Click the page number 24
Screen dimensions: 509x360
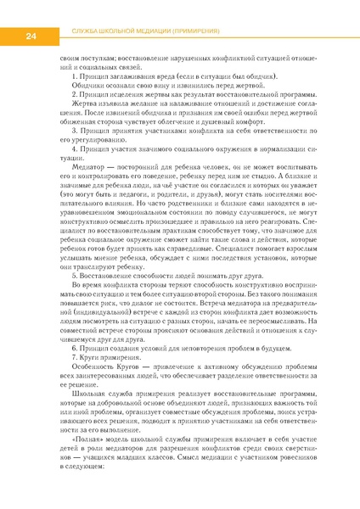(x=30, y=36)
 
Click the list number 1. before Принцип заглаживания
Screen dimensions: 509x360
(x=76, y=77)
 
